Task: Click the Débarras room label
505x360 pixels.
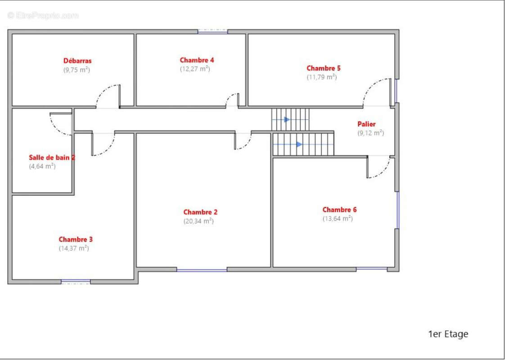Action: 77,61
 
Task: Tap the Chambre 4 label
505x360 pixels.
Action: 197,60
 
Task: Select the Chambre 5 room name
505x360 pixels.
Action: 323,68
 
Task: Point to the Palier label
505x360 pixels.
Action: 366,124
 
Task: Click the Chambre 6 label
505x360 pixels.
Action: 339,210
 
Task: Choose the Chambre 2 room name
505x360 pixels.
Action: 200,212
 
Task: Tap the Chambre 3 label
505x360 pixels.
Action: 76,239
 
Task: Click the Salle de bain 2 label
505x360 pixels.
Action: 52,157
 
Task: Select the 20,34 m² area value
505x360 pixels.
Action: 199,221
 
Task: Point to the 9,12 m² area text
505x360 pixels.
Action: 371,133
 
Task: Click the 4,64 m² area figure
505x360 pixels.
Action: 42,166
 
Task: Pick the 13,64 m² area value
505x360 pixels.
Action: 338,218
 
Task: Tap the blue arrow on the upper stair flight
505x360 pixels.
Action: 287,119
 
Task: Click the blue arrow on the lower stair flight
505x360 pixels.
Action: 299,144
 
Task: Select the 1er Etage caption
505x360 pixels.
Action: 448,334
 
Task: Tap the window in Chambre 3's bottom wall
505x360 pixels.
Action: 76,282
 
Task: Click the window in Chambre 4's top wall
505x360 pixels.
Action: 212,31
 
